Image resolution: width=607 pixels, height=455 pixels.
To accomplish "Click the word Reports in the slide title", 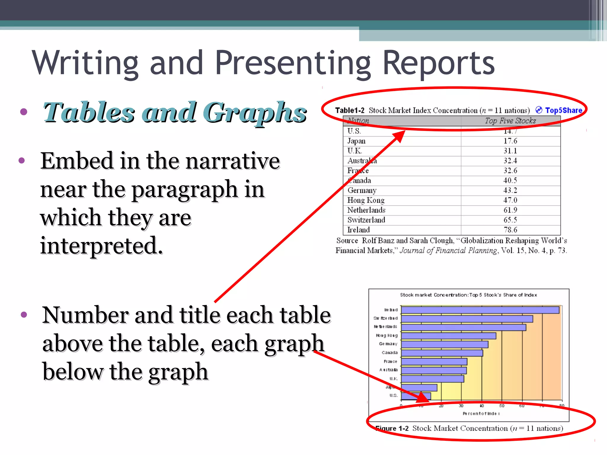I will coord(439,63).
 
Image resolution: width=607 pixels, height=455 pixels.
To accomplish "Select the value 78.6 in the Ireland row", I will coord(510,230).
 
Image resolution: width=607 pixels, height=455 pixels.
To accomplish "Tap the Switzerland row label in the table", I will coord(366,220).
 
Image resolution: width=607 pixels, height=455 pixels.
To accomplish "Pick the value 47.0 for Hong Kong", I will coord(510,200).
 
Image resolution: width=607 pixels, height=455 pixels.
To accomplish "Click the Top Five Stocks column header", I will coord(510,121).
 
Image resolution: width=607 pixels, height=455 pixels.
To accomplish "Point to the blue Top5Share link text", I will coord(563,110).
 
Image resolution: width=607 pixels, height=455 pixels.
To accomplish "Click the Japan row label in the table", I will coord(356,141).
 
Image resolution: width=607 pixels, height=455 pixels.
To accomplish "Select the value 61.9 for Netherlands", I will coord(510,210).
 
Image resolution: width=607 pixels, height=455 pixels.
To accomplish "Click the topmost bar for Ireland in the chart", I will coord(480,310).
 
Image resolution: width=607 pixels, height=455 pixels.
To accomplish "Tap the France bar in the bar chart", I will coord(434,362).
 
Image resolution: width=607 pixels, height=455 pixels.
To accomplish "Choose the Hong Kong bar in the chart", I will coord(448,336).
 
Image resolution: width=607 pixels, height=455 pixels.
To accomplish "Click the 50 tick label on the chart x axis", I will coord(502,406).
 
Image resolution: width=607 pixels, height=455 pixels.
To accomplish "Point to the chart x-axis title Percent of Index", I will coord(481,414).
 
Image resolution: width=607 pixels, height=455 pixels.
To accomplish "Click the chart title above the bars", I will coord(468,295).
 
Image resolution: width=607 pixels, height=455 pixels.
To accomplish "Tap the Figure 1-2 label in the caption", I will coord(392,429).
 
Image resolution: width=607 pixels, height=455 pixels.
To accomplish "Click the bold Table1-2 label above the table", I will coord(350,110).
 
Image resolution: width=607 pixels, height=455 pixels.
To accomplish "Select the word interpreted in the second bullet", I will coord(101,246).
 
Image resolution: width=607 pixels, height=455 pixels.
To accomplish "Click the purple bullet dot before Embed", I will coord(22,161).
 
